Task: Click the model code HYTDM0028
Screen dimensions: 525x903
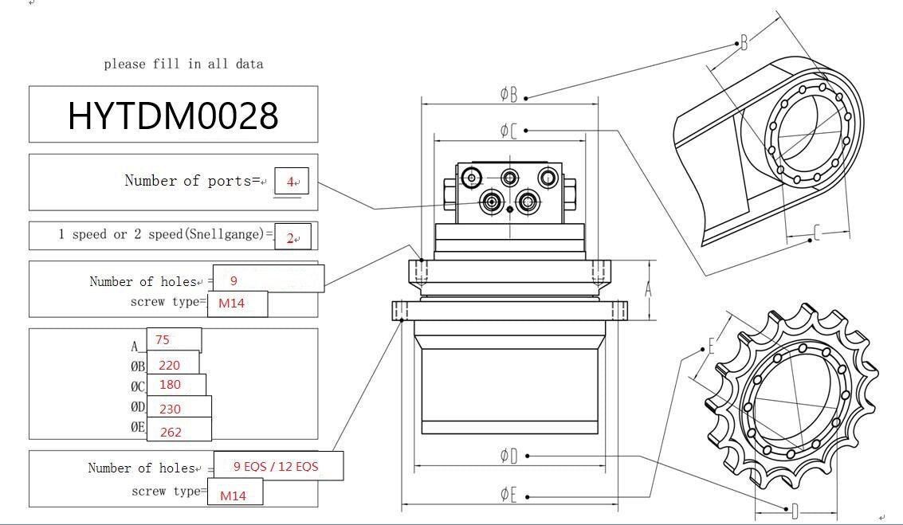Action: tap(173, 116)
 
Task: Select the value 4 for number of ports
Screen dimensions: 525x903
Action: tap(291, 182)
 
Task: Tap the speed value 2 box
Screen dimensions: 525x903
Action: tap(291, 237)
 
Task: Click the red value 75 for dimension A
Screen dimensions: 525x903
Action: tap(163, 339)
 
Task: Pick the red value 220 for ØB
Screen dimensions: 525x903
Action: tap(169, 366)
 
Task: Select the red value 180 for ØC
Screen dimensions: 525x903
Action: tap(169, 384)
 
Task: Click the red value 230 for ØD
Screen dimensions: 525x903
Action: tap(170, 409)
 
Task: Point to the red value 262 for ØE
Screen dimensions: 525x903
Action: tap(171, 432)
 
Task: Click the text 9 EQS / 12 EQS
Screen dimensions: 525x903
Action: tap(276, 466)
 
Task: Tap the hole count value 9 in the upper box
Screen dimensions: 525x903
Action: tap(234, 280)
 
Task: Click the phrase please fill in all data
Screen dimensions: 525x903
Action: tap(183, 64)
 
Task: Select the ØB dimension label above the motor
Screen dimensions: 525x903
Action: tap(508, 95)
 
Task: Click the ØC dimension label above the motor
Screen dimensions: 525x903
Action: tap(508, 130)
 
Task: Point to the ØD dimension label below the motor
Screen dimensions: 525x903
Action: tap(508, 456)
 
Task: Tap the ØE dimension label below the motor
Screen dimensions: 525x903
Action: tap(508, 495)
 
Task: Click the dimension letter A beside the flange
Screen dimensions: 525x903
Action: tap(648, 290)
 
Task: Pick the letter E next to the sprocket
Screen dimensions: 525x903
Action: tap(711, 347)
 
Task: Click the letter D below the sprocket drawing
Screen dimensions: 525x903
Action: tap(794, 510)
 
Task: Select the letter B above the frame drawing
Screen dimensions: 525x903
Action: tap(744, 42)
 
